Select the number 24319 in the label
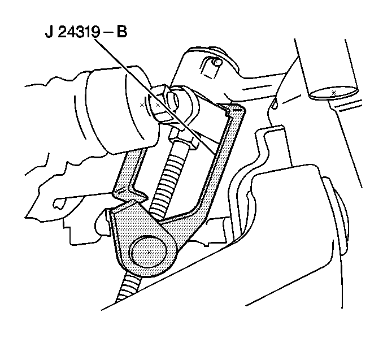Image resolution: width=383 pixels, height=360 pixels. click(79, 32)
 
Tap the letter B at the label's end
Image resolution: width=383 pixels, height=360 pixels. click(122, 32)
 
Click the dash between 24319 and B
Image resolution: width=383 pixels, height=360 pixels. click(108, 33)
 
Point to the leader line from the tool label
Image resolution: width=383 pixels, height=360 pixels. click(155, 97)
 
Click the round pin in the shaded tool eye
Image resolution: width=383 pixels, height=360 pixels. click(149, 251)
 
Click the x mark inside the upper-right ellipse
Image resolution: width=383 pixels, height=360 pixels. click(334, 93)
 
